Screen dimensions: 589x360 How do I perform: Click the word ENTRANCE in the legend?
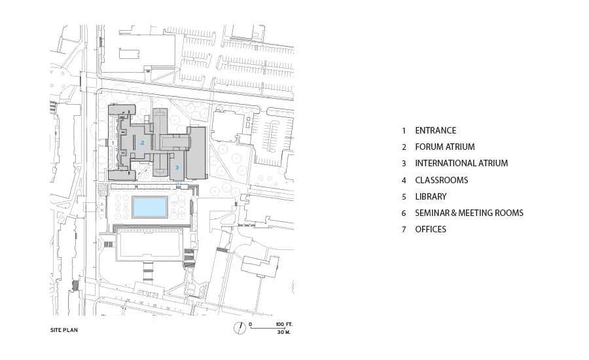tap(435, 130)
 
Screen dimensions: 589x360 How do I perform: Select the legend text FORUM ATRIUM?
tap(445, 147)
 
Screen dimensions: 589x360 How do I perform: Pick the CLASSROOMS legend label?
tap(441, 180)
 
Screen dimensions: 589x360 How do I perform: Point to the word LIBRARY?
tap(431, 196)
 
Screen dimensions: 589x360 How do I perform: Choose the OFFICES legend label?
tap(431, 229)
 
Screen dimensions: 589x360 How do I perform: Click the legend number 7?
tap(404, 230)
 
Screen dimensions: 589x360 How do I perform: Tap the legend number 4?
tap(404, 181)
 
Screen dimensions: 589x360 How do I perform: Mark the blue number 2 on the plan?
tap(143, 143)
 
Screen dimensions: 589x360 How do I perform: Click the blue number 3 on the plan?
tap(177, 168)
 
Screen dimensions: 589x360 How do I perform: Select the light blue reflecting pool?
tap(149, 207)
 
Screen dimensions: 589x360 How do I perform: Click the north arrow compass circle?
tap(240, 328)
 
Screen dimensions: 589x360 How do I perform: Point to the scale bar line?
tap(270, 328)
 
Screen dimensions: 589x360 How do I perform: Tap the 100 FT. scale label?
tap(283, 324)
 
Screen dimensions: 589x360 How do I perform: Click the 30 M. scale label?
tap(284, 333)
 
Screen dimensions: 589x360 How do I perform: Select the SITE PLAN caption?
tap(64, 330)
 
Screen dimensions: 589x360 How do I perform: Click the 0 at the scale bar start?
tap(250, 324)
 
